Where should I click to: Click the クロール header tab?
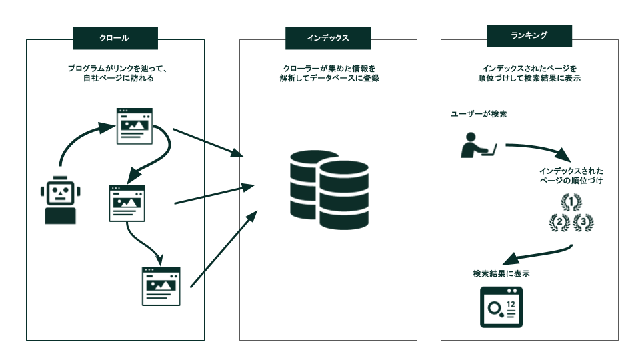tap(115, 38)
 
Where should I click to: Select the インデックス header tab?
tap(328, 38)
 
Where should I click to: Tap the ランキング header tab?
tap(530, 36)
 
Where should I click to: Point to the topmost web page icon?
tap(135, 126)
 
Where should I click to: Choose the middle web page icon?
tap(127, 203)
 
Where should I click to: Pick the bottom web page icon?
tap(161, 286)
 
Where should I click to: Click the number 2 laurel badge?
tap(559, 223)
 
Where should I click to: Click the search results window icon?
tap(501, 307)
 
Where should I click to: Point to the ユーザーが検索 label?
tap(479, 114)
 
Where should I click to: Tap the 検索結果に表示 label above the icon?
tap(501, 273)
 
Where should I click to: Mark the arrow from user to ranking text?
tap(540, 149)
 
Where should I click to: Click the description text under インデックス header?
tap(328, 73)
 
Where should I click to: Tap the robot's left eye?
tap(55, 191)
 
